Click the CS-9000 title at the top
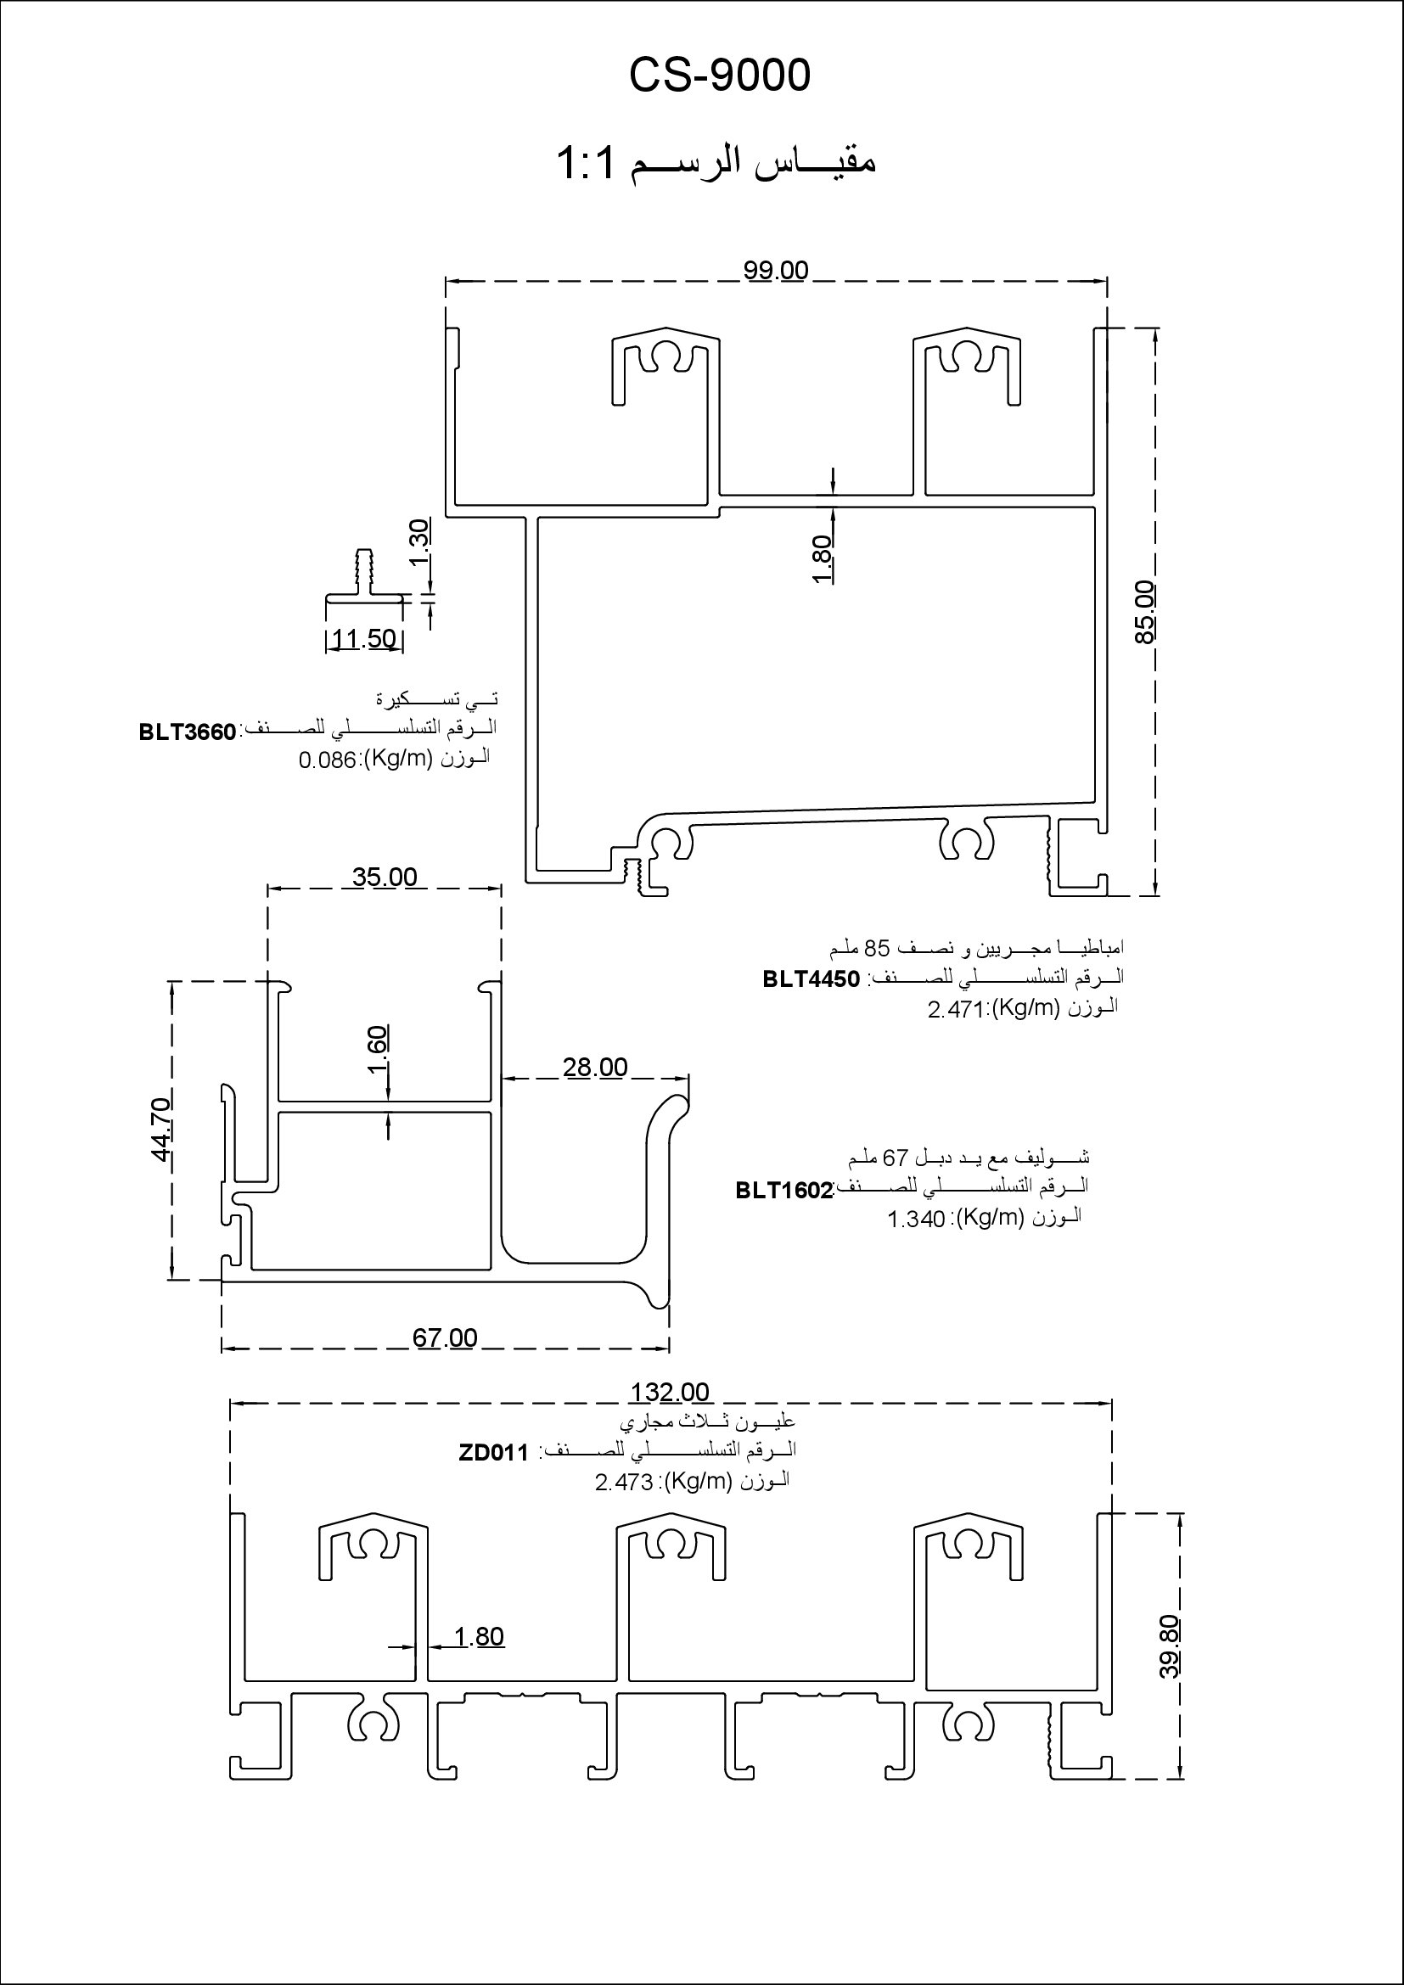click(x=719, y=76)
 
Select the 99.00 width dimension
click(x=776, y=271)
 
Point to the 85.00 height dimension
click(x=1143, y=612)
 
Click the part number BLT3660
click(x=188, y=732)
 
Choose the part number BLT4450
click(x=811, y=978)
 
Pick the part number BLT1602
click(x=784, y=1191)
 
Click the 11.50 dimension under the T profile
click(x=364, y=639)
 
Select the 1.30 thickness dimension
click(x=418, y=543)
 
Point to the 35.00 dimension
click(x=385, y=877)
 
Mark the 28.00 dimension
click(x=595, y=1067)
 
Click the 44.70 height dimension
click(x=161, y=1129)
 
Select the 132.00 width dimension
click(x=670, y=1392)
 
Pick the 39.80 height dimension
click(x=1169, y=1647)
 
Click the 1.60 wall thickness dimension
click(x=379, y=1051)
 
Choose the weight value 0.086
click(x=327, y=760)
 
